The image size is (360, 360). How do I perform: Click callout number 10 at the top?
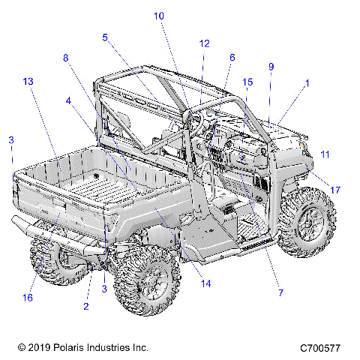tap(159, 16)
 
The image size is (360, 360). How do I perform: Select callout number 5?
tap(105, 37)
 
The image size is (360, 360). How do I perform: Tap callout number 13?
tap(28, 82)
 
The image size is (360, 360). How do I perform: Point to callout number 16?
tap(28, 298)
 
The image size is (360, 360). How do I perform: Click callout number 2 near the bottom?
tap(86, 306)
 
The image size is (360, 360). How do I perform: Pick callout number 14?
tap(206, 283)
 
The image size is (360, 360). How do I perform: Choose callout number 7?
tap(280, 292)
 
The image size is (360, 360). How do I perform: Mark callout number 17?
tap(335, 190)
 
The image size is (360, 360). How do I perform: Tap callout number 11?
tap(325, 154)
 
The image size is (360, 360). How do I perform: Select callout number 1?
tap(307, 83)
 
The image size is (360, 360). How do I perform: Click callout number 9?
tap(271, 67)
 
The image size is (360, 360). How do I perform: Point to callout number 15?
tap(247, 82)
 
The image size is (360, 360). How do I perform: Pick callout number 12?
tap(204, 43)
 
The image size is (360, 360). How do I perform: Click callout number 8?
tap(65, 58)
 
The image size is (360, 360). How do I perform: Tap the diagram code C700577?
tap(320, 348)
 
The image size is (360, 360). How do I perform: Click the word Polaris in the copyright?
tap(66, 348)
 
